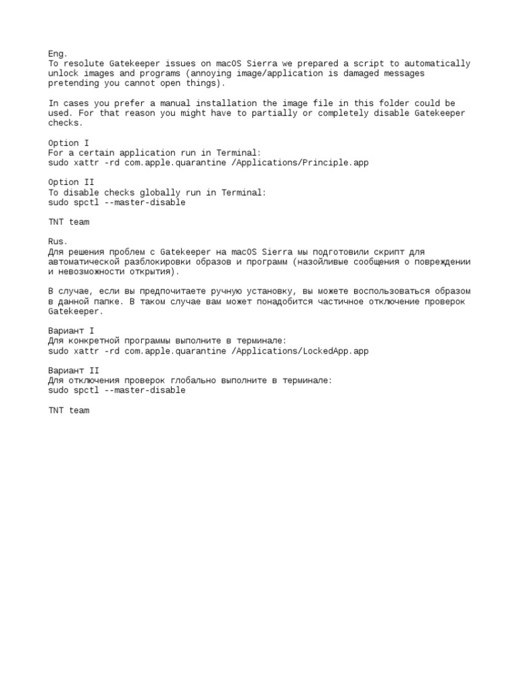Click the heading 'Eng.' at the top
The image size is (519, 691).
(x=58, y=53)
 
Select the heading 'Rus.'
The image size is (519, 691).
(x=58, y=242)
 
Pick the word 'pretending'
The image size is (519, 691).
(x=74, y=84)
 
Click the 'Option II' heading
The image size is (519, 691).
(x=71, y=182)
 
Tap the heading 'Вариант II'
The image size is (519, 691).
(x=74, y=370)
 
